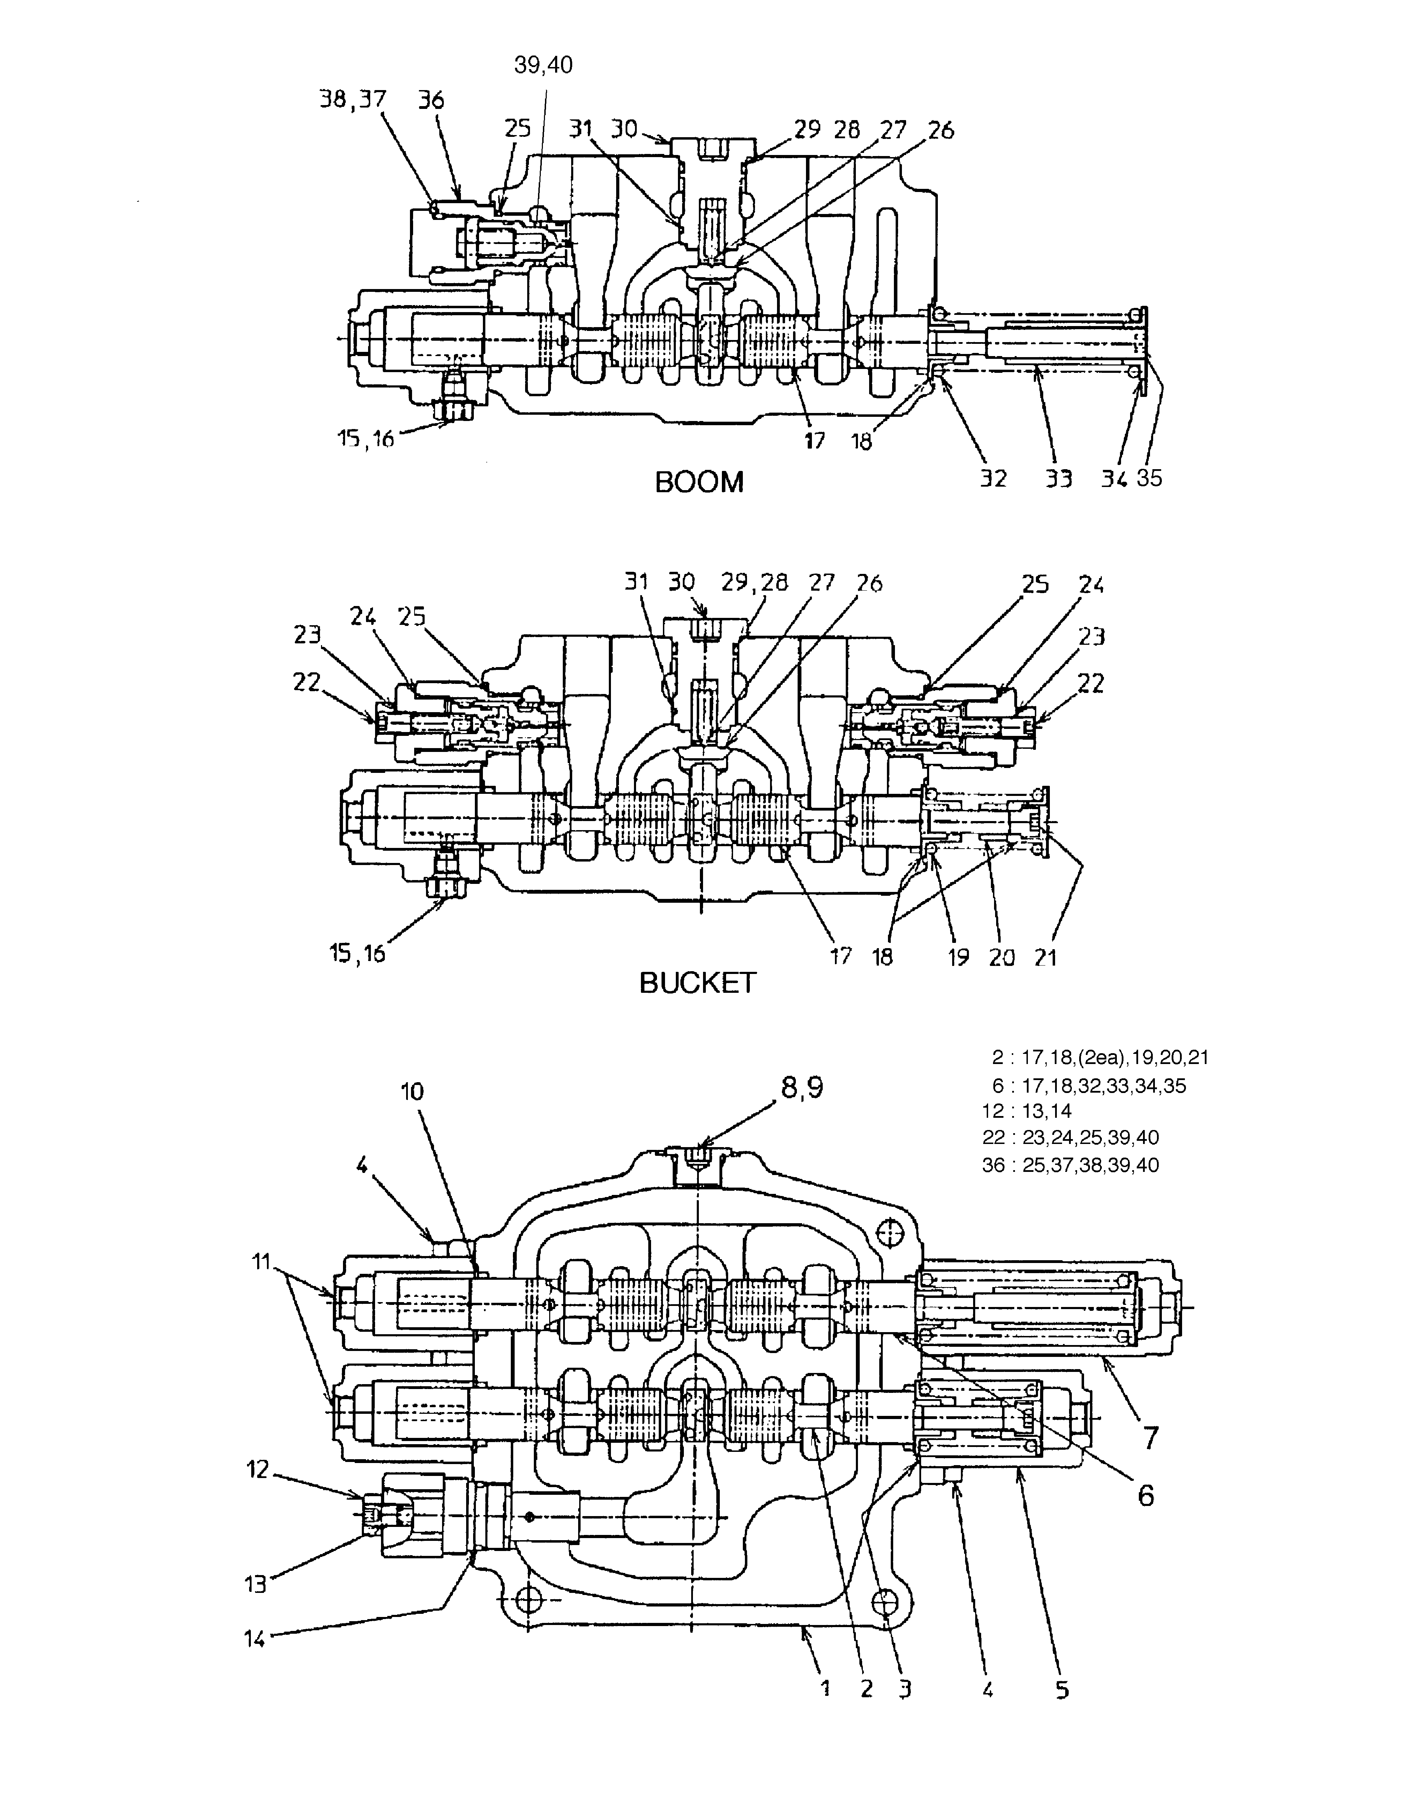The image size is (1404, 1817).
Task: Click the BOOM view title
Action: click(x=699, y=482)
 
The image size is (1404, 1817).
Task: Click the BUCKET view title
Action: click(x=697, y=983)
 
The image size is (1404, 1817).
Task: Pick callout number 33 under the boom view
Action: click(x=1058, y=478)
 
